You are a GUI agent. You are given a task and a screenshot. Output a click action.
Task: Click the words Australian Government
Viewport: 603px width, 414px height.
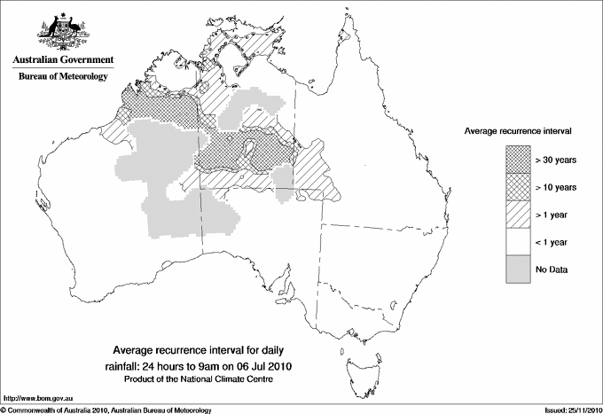[x=63, y=61]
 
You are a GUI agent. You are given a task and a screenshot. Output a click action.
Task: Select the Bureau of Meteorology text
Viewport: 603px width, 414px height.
[x=63, y=77]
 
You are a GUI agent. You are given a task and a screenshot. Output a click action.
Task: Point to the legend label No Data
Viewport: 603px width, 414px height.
[x=552, y=269]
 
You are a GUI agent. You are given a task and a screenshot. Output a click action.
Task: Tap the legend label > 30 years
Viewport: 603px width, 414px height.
[x=556, y=160]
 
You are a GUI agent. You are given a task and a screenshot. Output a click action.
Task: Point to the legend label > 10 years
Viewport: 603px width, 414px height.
[x=556, y=187]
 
